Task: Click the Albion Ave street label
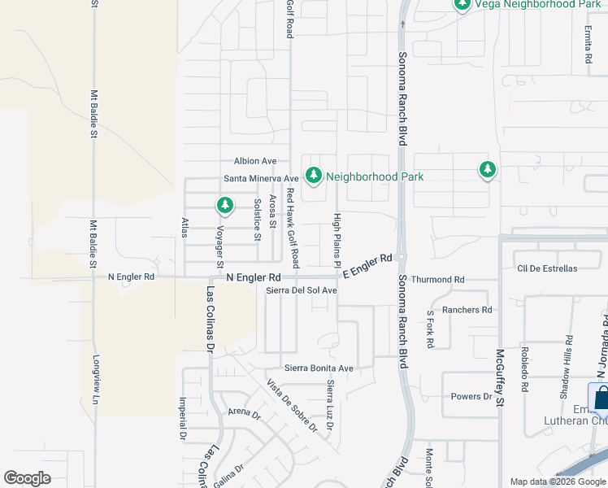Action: pyautogui.click(x=255, y=161)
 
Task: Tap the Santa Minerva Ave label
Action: pyautogui.click(x=262, y=178)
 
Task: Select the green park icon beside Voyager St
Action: pyautogui.click(x=225, y=205)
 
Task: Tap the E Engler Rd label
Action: pyautogui.click(x=367, y=266)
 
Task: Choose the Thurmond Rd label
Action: pyautogui.click(x=437, y=280)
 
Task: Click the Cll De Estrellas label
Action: pyautogui.click(x=546, y=268)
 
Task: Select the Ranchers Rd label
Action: pyautogui.click(x=467, y=310)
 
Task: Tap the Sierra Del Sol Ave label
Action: pyautogui.click(x=302, y=290)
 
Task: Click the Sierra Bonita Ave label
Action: pyautogui.click(x=318, y=368)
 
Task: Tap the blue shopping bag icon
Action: pyautogui.click(x=602, y=398)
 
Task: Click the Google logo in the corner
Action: pyautogui.click(x=28, y=478)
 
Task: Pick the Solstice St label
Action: pyautogui.click(x=258, y=219)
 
